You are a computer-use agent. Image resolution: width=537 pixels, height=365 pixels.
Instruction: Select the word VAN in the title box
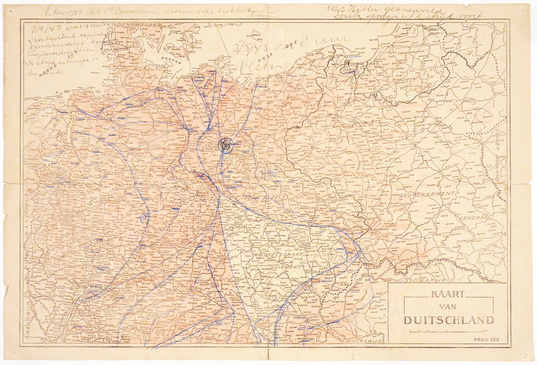pyautogui.click(x=448, y=307)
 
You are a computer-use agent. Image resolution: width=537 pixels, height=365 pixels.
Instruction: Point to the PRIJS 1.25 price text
pyautogui.click(x=486, y=339)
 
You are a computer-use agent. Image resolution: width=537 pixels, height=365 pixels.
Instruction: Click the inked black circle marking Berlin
pyautogui.click(x=225, y=145)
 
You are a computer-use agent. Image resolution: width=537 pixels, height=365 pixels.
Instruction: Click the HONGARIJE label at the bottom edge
pyautogui.click(x=364, y=341)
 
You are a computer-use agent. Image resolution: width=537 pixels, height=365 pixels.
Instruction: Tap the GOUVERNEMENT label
pyautogui.click(x=427, y=194)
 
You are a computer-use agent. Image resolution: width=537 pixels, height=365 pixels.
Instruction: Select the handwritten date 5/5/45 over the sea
pyautogui.click(x=251, y=47)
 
